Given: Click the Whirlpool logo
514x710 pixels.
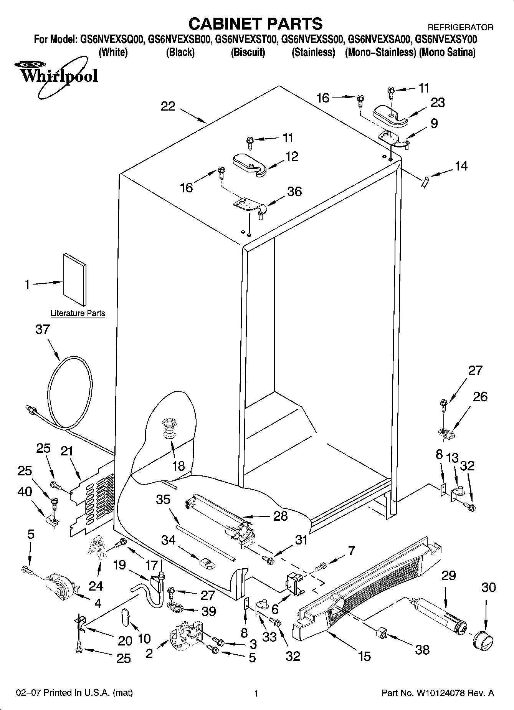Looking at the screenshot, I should (58, 75).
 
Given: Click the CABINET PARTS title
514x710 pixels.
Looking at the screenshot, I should (255, 23).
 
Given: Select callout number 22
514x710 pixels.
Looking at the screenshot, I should (168, 106).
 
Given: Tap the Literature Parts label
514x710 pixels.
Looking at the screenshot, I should (78, 313).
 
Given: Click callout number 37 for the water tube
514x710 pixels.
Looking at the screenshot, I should (43, 329).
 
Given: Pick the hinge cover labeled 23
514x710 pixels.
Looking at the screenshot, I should (390, 116).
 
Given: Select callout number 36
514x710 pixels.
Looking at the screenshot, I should (294, 191).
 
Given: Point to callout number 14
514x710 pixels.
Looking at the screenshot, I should (461, 166).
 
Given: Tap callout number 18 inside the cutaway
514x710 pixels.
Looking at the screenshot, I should (178, 466).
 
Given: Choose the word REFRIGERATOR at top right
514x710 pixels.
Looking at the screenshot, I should (460, 28).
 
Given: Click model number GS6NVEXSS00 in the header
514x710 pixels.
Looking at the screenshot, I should (312, 39).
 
